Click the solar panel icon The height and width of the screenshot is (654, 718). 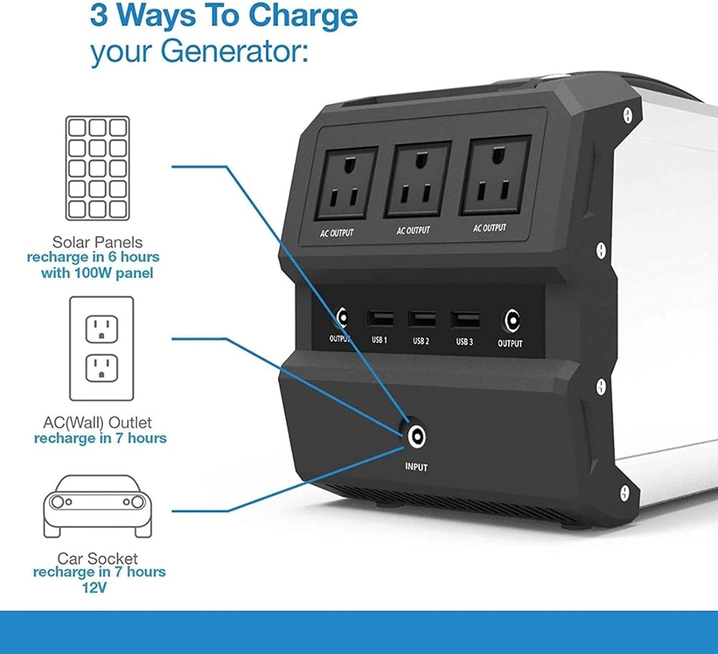tap(97, 168)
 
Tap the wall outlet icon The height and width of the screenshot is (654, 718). tap(101, 348)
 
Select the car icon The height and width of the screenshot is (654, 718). tap(97, 506)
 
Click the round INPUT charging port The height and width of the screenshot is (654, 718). tap(416, 437)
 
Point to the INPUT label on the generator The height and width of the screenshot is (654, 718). tap(416, 467)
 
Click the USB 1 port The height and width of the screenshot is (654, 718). tap(380, 318)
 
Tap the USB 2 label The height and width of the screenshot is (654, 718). tap(421, 341)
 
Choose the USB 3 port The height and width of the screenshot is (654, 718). tap(465, 320)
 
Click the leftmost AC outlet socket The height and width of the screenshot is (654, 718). tap(346, 183)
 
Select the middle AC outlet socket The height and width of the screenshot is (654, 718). tap(417, 179)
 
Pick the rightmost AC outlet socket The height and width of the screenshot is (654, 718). tap(494, 175)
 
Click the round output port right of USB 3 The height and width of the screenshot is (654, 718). tap(511, 321)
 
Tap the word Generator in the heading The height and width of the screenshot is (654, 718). tap(234, 52)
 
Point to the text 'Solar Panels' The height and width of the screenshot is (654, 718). tap(97, 242)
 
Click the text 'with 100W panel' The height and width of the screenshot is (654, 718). tap(97, 273)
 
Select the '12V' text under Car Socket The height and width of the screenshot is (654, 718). tap(94, 588)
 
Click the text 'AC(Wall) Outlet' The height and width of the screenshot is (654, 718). tap(97, 422)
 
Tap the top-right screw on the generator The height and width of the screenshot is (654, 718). tap(628, 116)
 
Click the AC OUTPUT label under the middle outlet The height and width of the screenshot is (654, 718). tap(413, 231)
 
